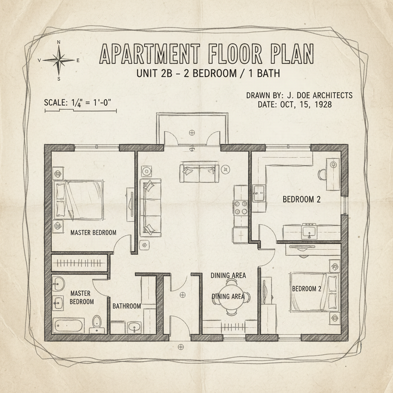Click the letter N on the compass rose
click(x=59, y=42)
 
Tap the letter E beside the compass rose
click(x=78, y=60)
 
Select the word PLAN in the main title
click(x=293, y=54)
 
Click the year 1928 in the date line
click(x=323, y=104)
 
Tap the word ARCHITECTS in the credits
click(x=333, y=95)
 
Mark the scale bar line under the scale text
click(x=81, y=110)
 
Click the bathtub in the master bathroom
click(x=68, y=325)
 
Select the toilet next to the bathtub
click(x=97, y=325)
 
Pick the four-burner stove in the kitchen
click(x=240, y=208)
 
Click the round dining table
click(x=231, y=297)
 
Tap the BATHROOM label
click(x=127, y=306)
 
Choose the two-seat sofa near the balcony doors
click(x=199, y=173)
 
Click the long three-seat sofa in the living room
click(x=150, y=207)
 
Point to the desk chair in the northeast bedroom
click(x=322, y=175)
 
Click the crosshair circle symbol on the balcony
click(x=192, y=132)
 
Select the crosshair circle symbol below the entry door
click(x=181, y=347)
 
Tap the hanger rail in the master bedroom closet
click(x=79, y=263)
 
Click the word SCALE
click(x=54, y=102)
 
